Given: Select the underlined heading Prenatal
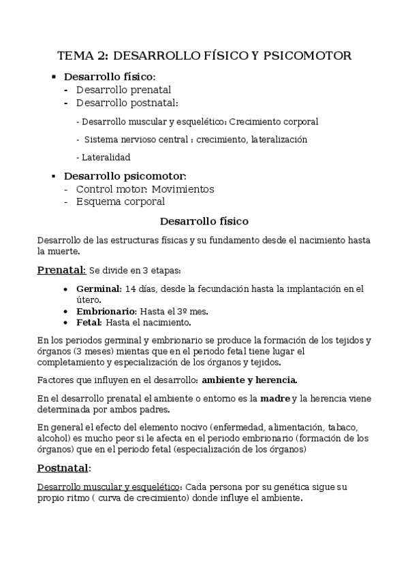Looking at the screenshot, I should click(61, 269).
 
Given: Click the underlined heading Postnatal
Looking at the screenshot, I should click(63, 468).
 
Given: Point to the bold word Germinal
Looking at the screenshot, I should click(99, 288).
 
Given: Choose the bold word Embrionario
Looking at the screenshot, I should click(106, 311).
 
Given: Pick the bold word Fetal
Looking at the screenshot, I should click(89, 322).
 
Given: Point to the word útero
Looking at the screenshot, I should click(89, 299).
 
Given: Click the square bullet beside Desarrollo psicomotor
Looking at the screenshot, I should click(54, 176).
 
